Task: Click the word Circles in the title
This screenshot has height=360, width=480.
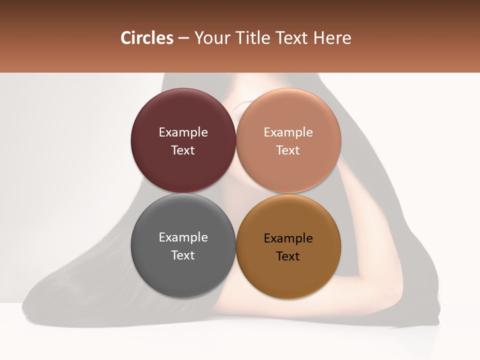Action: click(x=146, y=38)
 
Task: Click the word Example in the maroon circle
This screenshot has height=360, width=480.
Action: click(x=183, y=132)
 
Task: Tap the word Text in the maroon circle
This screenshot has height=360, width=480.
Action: click(x=183, y=150)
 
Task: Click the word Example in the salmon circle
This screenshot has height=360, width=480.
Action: click(x=288, y=132)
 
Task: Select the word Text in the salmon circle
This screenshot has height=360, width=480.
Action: click(x=288, y=150)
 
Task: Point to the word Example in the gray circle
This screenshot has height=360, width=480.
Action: click(x=183, y=237)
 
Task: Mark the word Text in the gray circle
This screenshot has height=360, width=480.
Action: click(x=183, y=255)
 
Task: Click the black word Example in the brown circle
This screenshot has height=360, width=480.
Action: click(x=288, y=238)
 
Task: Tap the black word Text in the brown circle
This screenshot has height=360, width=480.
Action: click(x=288, y=256)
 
